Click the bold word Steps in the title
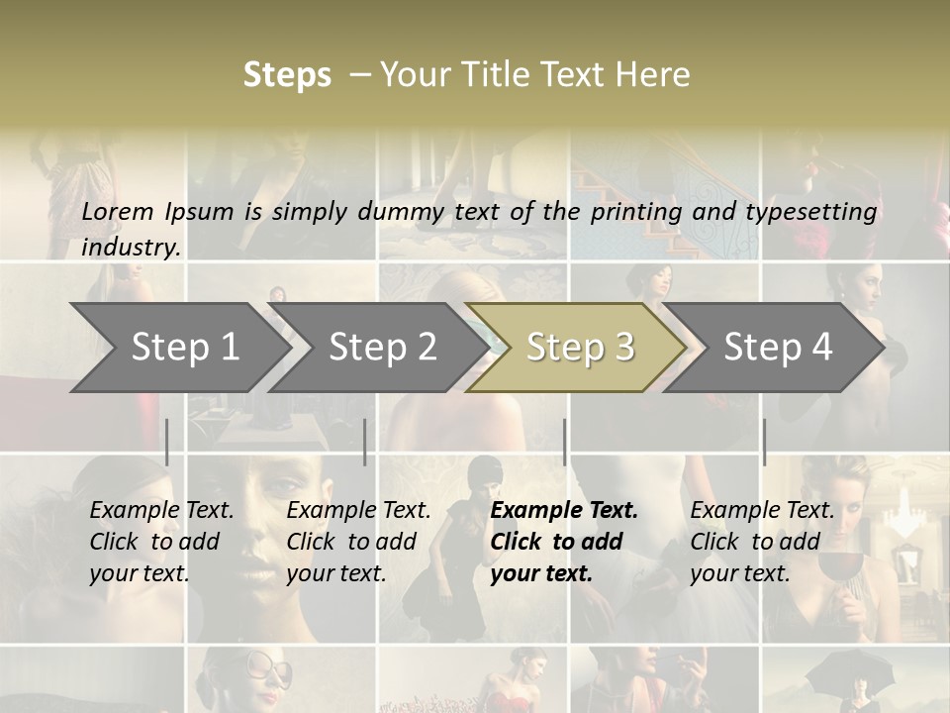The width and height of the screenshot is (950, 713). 287,75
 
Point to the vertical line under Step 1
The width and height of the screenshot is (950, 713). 167,442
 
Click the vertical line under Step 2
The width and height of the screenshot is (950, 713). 365,442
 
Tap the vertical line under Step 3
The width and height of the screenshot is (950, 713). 565,442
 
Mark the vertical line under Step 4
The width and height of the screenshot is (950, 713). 764,442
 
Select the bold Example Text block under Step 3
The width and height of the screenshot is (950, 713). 564,542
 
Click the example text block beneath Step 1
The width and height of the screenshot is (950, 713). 161,542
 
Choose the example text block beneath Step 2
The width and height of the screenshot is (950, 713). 358,542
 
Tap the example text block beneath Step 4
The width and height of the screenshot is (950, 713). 762,542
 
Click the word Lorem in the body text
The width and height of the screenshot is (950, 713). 118,212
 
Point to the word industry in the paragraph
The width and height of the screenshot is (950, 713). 131,248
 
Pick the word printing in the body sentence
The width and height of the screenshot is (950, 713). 636,212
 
